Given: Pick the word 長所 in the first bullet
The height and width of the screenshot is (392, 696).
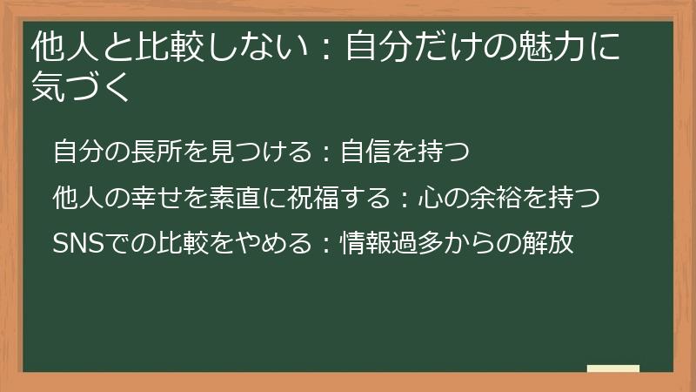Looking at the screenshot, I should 162,152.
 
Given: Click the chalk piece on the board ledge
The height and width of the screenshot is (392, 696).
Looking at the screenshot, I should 612,368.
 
